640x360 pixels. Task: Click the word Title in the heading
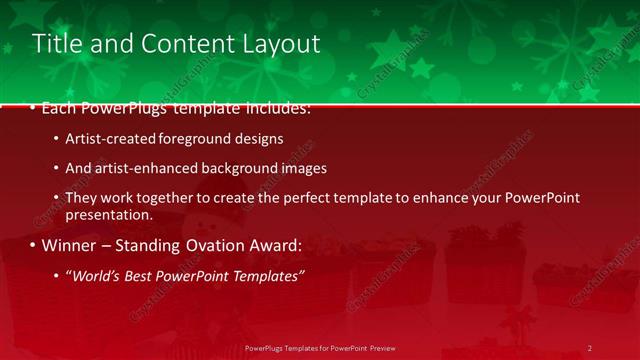click(x=55, y=44)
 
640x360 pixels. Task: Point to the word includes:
click(x=274, y=107)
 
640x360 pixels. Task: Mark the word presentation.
click(x=109, y=214)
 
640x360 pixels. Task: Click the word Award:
click(x=280, y=245)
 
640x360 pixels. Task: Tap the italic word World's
click(x=92, y=275)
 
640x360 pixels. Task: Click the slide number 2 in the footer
click(x=589, y=348)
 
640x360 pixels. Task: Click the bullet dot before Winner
click(x=32, y=245)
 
